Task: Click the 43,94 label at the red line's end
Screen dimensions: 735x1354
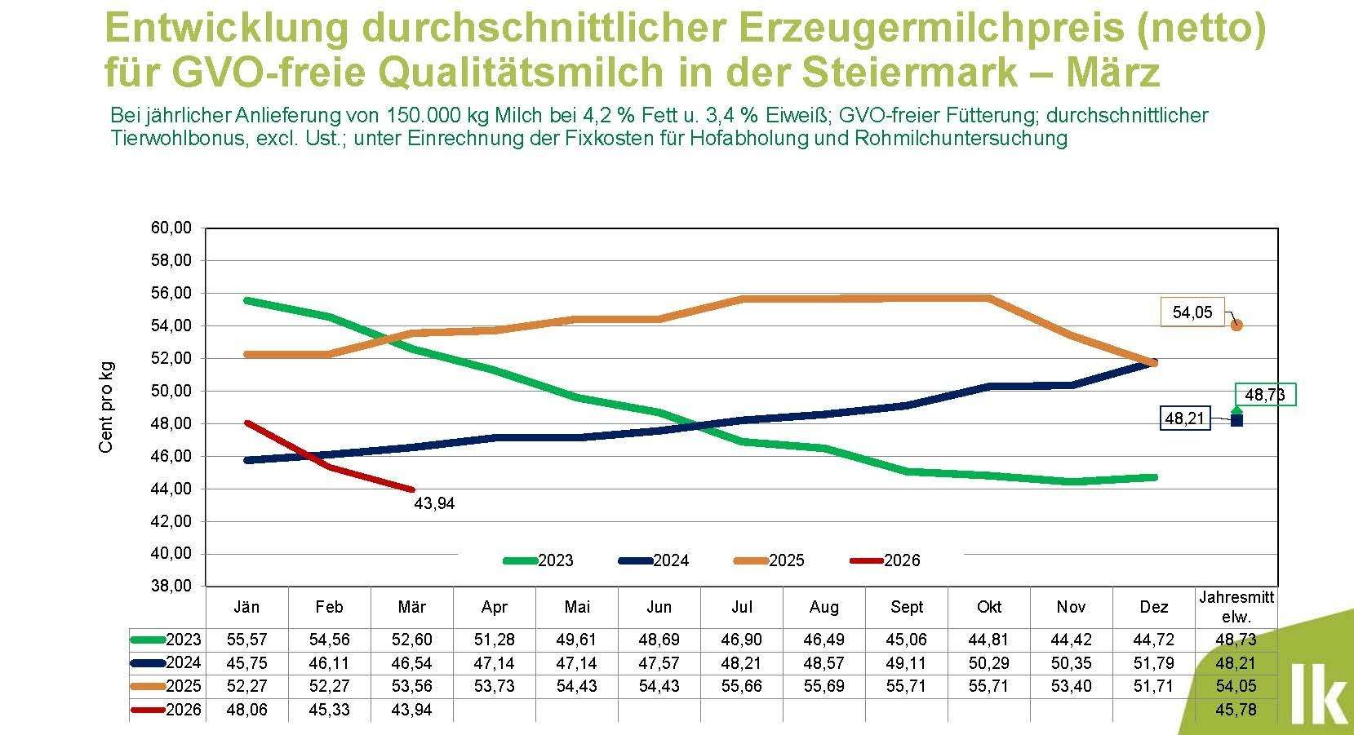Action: [x=434, y=504]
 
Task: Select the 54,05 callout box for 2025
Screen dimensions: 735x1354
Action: [x=1192, y=312]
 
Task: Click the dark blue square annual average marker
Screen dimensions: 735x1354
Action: [x=1236, y=420]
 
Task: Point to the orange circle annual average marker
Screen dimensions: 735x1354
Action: [x=1236, y=325]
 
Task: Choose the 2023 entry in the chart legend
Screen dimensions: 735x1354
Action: [x=539, y=560]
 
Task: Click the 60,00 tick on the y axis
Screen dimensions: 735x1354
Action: [x=171, y=228]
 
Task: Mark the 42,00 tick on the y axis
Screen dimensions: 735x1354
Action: [x=171, y=521]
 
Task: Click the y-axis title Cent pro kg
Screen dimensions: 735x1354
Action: [x=106, y=407]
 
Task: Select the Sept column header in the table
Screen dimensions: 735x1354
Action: [x=907, y=607]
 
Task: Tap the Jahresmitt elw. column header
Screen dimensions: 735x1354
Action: [x=1236, y=607]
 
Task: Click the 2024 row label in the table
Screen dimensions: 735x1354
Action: [x=183, y=663]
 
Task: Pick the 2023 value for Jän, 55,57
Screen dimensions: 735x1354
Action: [x=246, y=640]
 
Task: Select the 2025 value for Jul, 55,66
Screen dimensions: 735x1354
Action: [x=741, y=687]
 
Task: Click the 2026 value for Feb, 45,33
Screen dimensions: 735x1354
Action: [x=329, y=710]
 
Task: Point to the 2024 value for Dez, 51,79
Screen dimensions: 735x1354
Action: [x=1152, y=663]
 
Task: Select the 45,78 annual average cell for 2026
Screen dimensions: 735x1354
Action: [x=1236, y=710]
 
